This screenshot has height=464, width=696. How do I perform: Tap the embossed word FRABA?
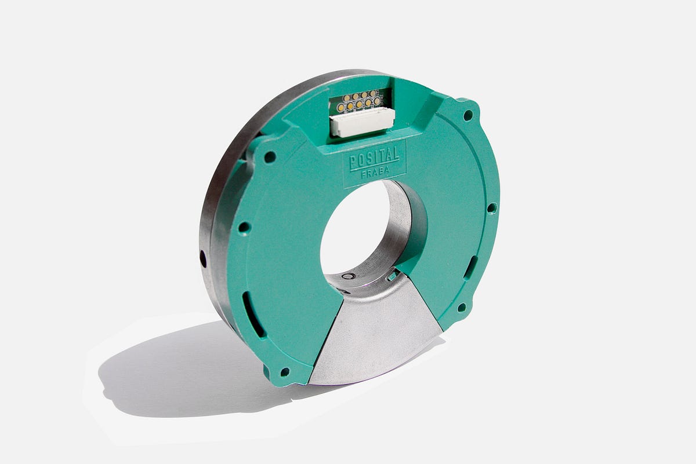(374, 171)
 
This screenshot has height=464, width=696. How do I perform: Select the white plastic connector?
(362, 122)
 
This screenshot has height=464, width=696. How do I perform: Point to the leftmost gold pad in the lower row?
(340, 108)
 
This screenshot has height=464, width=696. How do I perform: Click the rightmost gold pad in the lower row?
(378, 101)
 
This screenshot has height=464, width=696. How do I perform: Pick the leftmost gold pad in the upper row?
(346, 98)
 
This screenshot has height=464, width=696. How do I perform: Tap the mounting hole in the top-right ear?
(467, 115)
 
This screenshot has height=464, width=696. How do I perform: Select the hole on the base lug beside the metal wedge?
(284, 371)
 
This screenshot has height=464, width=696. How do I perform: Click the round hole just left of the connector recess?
(269, 156)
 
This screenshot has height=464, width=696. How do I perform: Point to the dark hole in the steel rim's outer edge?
(203, 258)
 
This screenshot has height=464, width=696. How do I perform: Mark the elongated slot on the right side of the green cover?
(471, 268)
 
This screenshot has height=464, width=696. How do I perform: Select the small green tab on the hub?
(393, 276)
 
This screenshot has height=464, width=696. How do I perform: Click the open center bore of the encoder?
(355, 226)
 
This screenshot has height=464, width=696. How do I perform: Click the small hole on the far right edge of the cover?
(492, 207)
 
